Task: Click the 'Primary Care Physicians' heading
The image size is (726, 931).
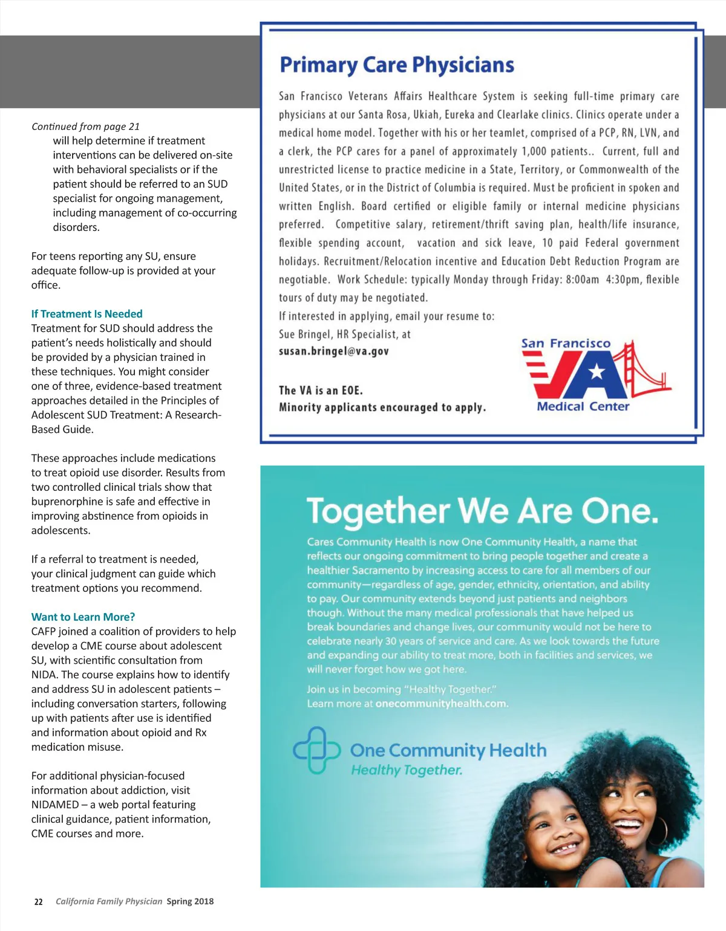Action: [397, 65]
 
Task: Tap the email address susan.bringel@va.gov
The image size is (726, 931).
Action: [333, 351]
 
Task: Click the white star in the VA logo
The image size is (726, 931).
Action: [597, 371]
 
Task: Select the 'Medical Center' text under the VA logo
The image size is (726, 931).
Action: [583, 406]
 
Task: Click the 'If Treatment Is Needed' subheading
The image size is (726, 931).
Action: [87, 314]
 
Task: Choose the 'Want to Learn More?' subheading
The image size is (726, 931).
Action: [83, 617]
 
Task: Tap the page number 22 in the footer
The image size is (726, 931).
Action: [38, 901]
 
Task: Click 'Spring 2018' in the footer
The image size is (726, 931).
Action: [190, 901]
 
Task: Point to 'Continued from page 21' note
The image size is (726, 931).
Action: [85, 126]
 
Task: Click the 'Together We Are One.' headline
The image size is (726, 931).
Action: [482, 511]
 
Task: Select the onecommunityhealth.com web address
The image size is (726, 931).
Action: [442, 704]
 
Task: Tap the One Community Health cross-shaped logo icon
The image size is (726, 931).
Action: [317, 750]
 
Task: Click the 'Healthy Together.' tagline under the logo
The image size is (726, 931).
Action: [407, 770]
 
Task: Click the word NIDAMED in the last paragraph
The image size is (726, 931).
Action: [55, 805]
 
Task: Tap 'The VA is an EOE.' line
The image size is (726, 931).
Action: [321, 391]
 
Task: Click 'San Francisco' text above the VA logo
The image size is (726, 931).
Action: [566, 343]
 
